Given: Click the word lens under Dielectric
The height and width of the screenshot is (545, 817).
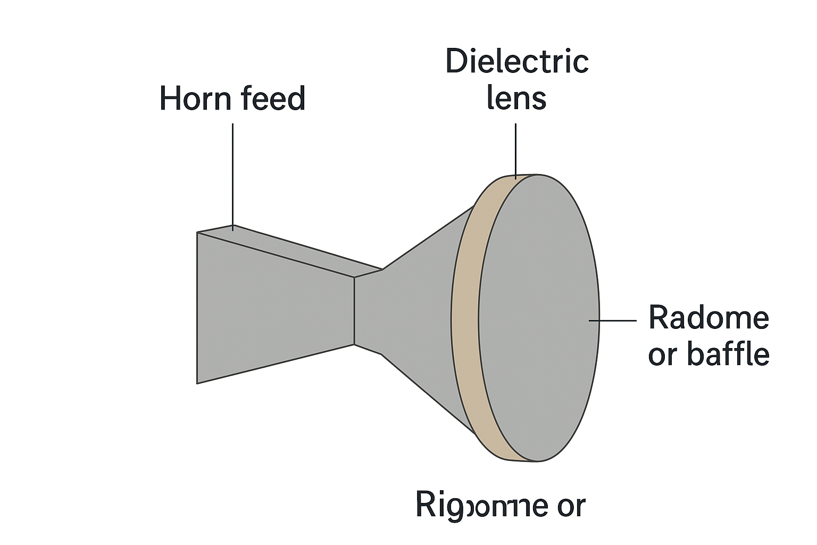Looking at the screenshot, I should click(516, 98).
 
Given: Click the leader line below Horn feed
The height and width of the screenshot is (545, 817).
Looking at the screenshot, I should click(233, 176).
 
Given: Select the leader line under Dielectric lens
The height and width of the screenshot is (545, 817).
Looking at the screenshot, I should click(515, 150).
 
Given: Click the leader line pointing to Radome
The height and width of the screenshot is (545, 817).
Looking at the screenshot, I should click(612, 320).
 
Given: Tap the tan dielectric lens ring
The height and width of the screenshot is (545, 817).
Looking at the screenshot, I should click(465, 319).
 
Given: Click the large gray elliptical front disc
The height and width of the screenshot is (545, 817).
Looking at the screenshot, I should click(538, 318).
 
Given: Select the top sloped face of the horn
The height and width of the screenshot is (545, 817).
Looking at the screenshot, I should click(287, 250).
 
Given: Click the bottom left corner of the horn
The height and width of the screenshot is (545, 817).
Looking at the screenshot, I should click(198, 383).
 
